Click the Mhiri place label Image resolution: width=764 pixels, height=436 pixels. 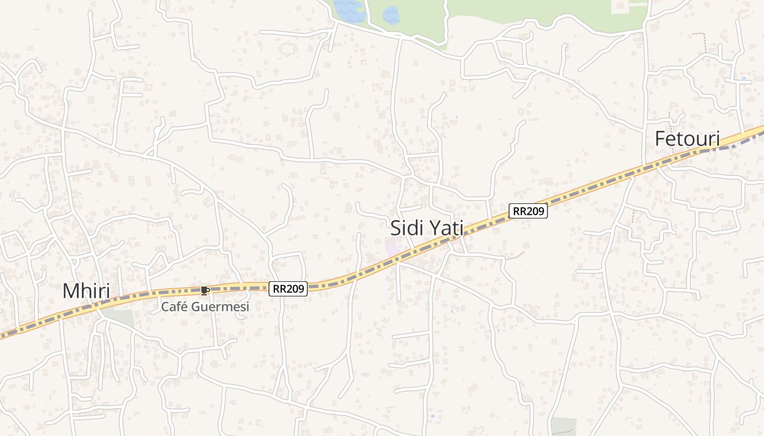coord(86,291)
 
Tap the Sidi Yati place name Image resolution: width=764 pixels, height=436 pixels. coord(427,228)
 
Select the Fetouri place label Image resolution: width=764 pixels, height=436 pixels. coord(687,138)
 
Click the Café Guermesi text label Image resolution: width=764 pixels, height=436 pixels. coord(205,307)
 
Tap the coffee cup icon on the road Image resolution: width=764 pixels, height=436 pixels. coord(205,290)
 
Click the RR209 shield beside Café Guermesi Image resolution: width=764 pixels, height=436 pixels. coord(288,289)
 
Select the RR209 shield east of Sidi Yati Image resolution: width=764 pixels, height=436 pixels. coord(528,211)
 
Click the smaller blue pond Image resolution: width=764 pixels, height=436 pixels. coord(391,15)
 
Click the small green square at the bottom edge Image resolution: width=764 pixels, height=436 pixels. coord(563,427)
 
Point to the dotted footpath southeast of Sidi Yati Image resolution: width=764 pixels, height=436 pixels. coord(515,255)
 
